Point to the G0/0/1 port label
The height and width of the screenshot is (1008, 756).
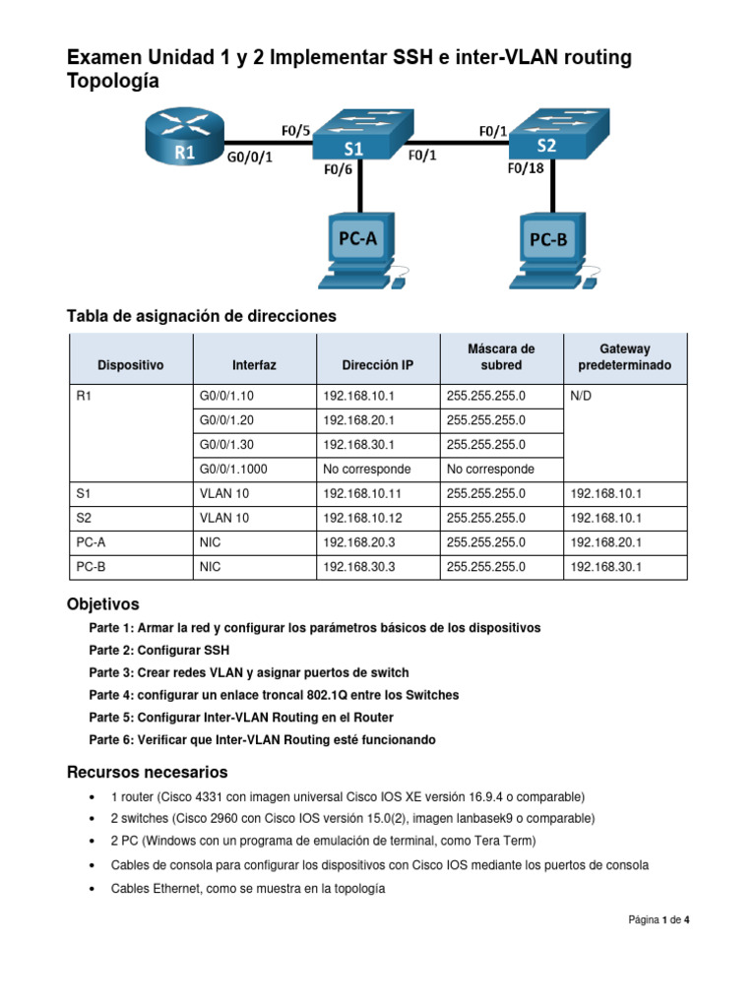point(249,156)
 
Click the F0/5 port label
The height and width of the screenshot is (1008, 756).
point(295,129)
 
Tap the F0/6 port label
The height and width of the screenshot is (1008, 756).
point(338,168)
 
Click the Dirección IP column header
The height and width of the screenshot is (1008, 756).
point(377,365)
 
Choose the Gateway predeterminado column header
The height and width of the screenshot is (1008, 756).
point(625,356)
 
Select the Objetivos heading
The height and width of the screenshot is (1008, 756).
point(102,603)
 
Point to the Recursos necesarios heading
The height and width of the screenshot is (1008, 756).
point(147,771)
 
